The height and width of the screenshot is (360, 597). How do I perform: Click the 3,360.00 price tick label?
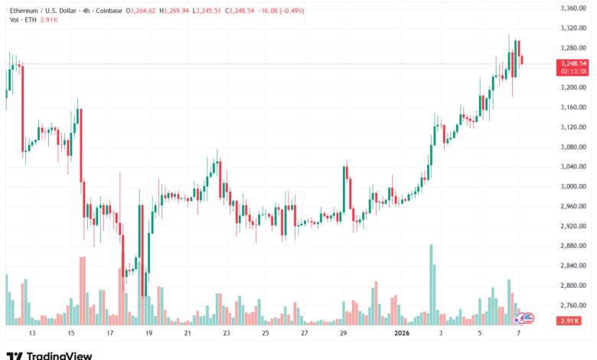click(x=573, y=8)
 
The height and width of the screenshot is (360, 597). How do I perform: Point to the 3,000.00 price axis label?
click(x=573, y=187)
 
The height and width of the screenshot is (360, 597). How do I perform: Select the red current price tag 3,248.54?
click(x=573, y=63)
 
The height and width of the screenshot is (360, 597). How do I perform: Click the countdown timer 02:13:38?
click(x=573, y=70)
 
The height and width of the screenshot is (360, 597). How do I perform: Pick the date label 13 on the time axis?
click(x=32, y=334)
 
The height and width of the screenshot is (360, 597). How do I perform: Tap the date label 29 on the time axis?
click(x=344, y=334)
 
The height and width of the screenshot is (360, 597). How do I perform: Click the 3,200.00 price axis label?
click(x=573, y=87)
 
